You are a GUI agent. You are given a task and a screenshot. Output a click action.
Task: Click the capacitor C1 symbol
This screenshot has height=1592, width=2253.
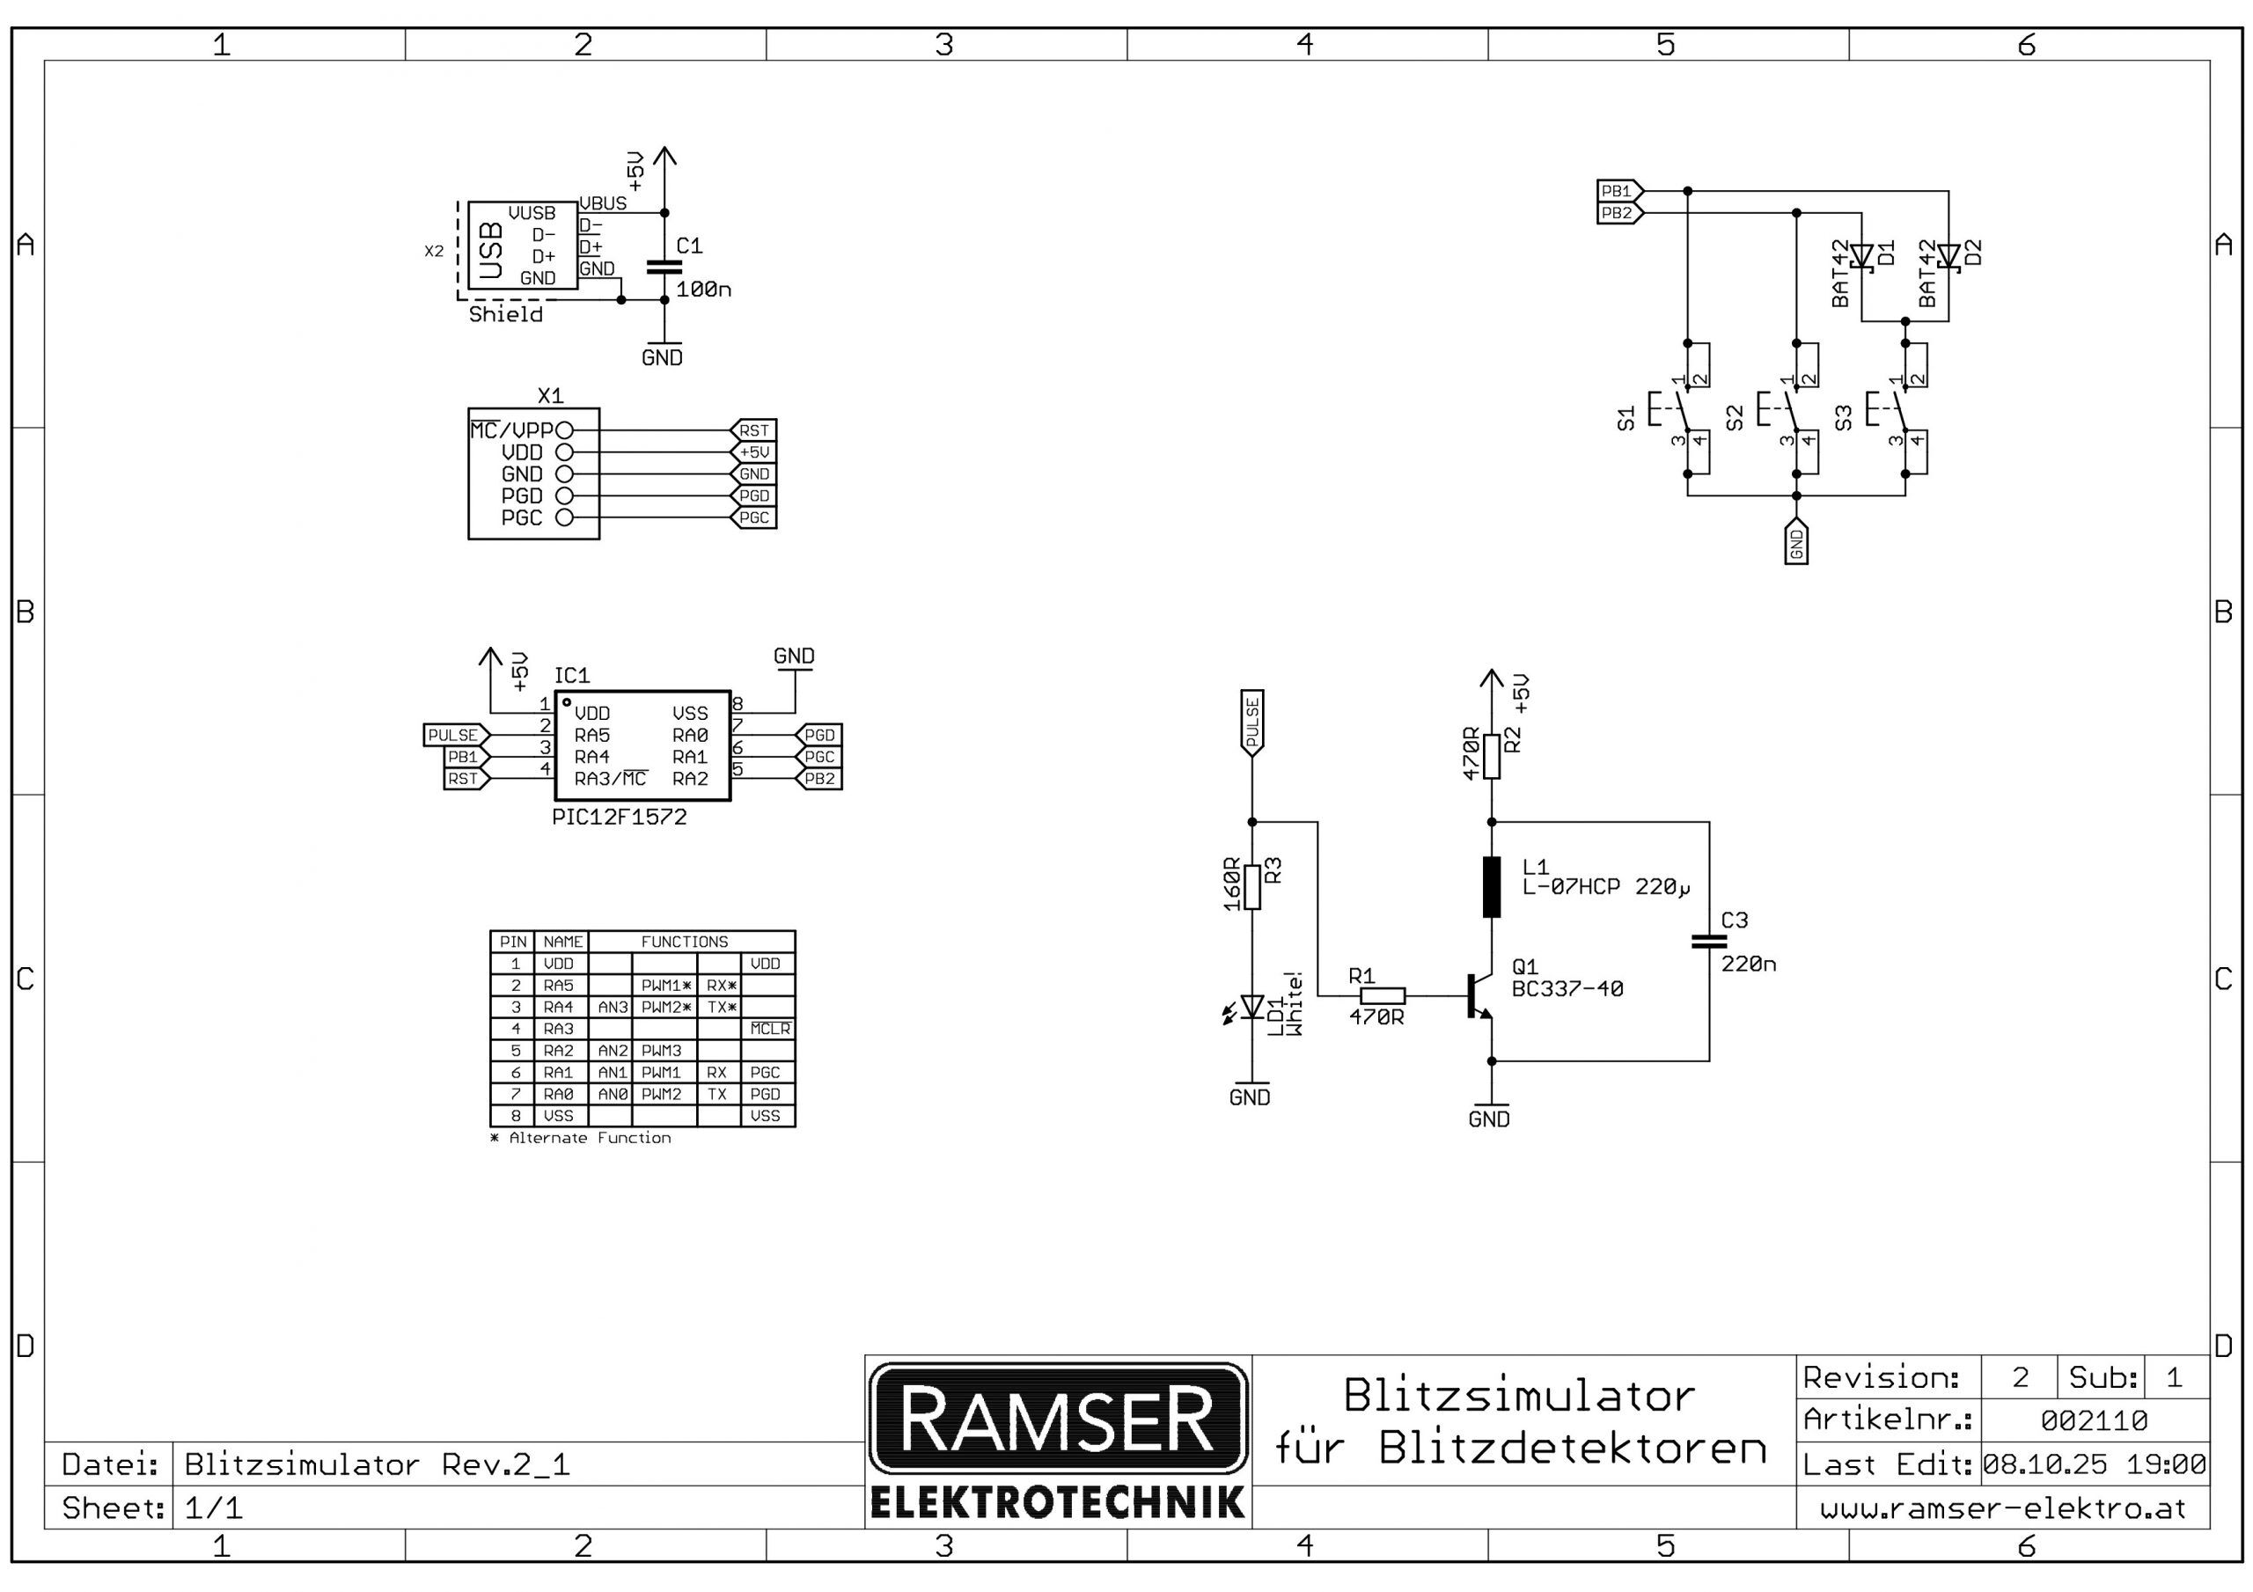(x=664, y=266)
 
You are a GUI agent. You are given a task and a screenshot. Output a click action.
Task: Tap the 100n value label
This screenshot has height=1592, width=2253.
(x=702, y=290)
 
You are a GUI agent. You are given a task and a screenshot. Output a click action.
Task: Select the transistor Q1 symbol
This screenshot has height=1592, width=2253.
(x=1479, y=995)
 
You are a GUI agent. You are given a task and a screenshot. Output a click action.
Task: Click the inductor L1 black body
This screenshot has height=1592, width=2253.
(x=1492, y=886)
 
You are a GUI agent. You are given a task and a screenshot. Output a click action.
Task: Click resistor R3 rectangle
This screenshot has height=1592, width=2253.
(x=1252, y=886)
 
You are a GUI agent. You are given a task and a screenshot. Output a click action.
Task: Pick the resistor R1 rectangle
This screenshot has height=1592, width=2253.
(x=1383, y=995)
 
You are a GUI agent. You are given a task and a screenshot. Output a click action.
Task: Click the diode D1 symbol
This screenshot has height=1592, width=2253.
(x=1861, y=257)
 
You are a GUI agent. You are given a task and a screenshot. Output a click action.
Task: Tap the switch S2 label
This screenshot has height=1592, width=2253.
(x=1735, y=418)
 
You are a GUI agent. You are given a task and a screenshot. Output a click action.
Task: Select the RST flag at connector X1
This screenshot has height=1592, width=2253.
(x=753, y=429)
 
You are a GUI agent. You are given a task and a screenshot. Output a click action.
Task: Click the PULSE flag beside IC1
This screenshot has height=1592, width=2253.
(x=454, y=735)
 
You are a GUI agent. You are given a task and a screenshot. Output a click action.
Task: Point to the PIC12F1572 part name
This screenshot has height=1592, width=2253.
(x=620, y=818)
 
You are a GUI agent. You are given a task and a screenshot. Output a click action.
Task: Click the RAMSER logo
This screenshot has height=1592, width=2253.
(x=1058, y=1419)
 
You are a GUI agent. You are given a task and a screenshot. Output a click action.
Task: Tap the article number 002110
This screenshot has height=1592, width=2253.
(x=2094, y=1420)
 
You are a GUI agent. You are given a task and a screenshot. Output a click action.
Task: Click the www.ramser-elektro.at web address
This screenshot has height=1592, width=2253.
(x=2003, y=1508)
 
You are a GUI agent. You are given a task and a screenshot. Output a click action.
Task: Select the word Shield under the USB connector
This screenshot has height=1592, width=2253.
(x=505, y=314)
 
